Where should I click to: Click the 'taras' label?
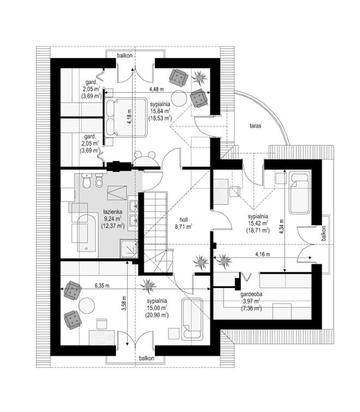point(255,126)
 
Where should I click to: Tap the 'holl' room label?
point(183,219)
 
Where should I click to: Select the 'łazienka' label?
point(112,211)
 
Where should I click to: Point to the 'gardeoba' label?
point(251,295)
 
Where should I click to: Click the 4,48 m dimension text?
point(157,89)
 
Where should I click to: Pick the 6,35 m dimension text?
point(102,286)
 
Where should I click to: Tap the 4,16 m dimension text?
point(262,254)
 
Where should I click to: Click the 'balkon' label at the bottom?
point(147,358)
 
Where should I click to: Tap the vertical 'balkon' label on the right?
point(323,234)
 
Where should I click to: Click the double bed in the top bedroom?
point(126,117)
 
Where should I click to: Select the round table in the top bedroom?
point(179,98)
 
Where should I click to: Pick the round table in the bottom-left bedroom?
point(87,306)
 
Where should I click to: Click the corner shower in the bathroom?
point(129,249)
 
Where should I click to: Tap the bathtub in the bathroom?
point(86,233)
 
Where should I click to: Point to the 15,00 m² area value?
point(157,307)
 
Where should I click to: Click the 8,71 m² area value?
point(184,226)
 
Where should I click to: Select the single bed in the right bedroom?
point(300,192)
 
